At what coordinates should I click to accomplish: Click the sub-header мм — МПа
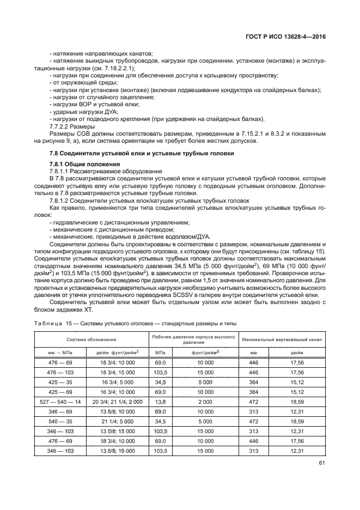(x=60, y=353)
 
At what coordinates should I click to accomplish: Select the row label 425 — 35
(x=60, y=383)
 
